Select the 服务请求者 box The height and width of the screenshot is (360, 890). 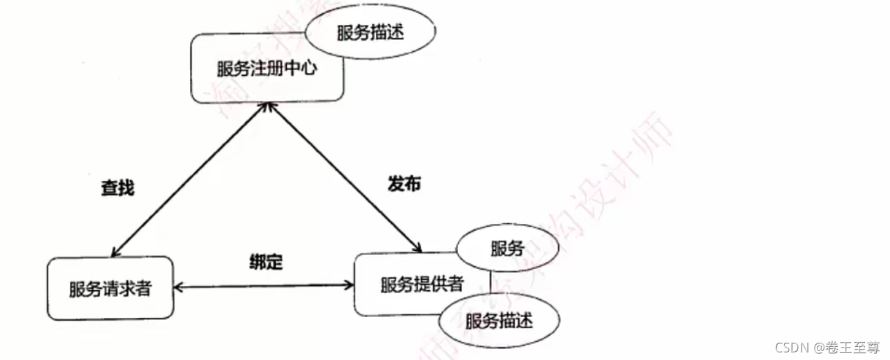click(110, 288)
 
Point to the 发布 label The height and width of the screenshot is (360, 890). click(403, 184)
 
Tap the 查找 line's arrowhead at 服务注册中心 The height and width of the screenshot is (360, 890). click(263, 105)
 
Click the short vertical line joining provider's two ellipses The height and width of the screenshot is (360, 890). click(491, 285)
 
